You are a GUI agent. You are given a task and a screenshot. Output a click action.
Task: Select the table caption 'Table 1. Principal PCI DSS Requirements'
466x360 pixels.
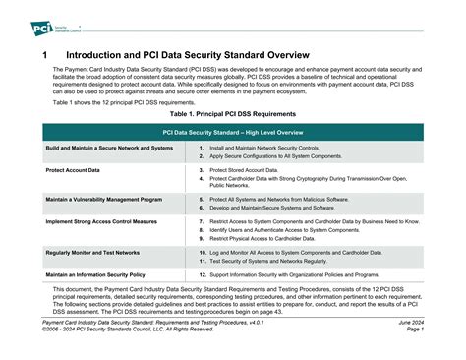pos(233,114)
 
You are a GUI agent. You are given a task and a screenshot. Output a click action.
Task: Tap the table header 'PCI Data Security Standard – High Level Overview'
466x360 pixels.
pos(233,131)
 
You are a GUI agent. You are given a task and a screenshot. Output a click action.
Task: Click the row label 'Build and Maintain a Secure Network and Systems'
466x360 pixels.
pos(109,148)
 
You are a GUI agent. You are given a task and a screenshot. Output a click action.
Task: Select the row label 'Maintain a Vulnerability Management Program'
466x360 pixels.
pos(103,199)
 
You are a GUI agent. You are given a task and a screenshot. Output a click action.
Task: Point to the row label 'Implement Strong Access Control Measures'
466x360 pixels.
pos(101,221)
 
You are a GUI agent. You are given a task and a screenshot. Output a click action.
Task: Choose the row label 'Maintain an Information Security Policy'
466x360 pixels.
pos(95,274)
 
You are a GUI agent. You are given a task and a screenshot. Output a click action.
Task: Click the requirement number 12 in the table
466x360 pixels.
pos(201,274)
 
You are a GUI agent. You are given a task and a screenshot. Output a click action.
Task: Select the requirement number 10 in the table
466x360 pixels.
pos(201,252)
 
